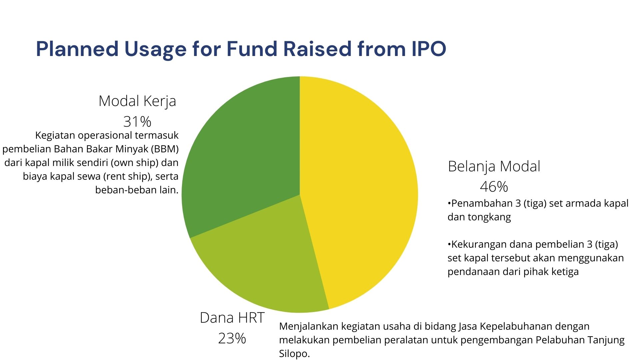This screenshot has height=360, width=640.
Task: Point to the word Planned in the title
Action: (77, 49)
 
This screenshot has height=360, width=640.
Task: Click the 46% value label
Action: (494, 187)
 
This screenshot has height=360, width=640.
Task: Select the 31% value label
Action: (137, 122)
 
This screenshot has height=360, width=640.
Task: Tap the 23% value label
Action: (232, 338)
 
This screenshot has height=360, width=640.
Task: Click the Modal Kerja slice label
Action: (137, 101)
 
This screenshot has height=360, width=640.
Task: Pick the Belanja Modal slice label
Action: (494, 167)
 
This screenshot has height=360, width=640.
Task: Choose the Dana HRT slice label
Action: (232, 318)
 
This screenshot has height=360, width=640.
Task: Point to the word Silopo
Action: (295, 354)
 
